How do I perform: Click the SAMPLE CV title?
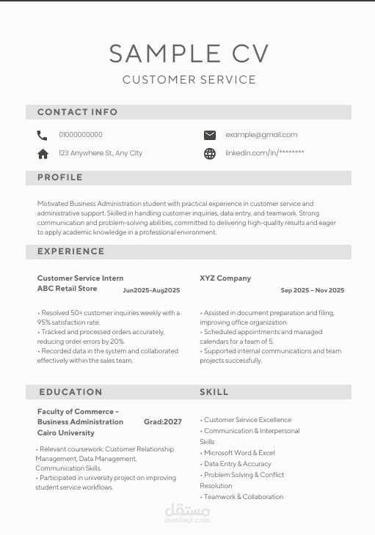point(189,53)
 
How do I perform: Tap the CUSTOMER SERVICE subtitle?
point(189,80)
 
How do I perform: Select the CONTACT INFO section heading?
point(77,112)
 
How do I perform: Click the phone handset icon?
point(42,135)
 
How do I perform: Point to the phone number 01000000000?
point(81,135)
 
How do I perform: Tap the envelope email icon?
point(210,135)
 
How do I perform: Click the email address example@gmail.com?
point(261,135)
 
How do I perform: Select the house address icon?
point(43,154)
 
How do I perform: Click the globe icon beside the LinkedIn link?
point(210,154)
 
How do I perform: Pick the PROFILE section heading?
point(60,177)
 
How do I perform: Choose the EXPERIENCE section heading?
point(71,251)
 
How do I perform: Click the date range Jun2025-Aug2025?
point(151,290)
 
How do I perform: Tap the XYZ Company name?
point(225,278)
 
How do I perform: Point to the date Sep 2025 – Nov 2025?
point(312,290)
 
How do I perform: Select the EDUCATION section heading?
point(70,392)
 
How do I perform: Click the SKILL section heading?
point(214,392)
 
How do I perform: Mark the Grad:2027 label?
point(163,422)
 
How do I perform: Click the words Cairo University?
point(66,433)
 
